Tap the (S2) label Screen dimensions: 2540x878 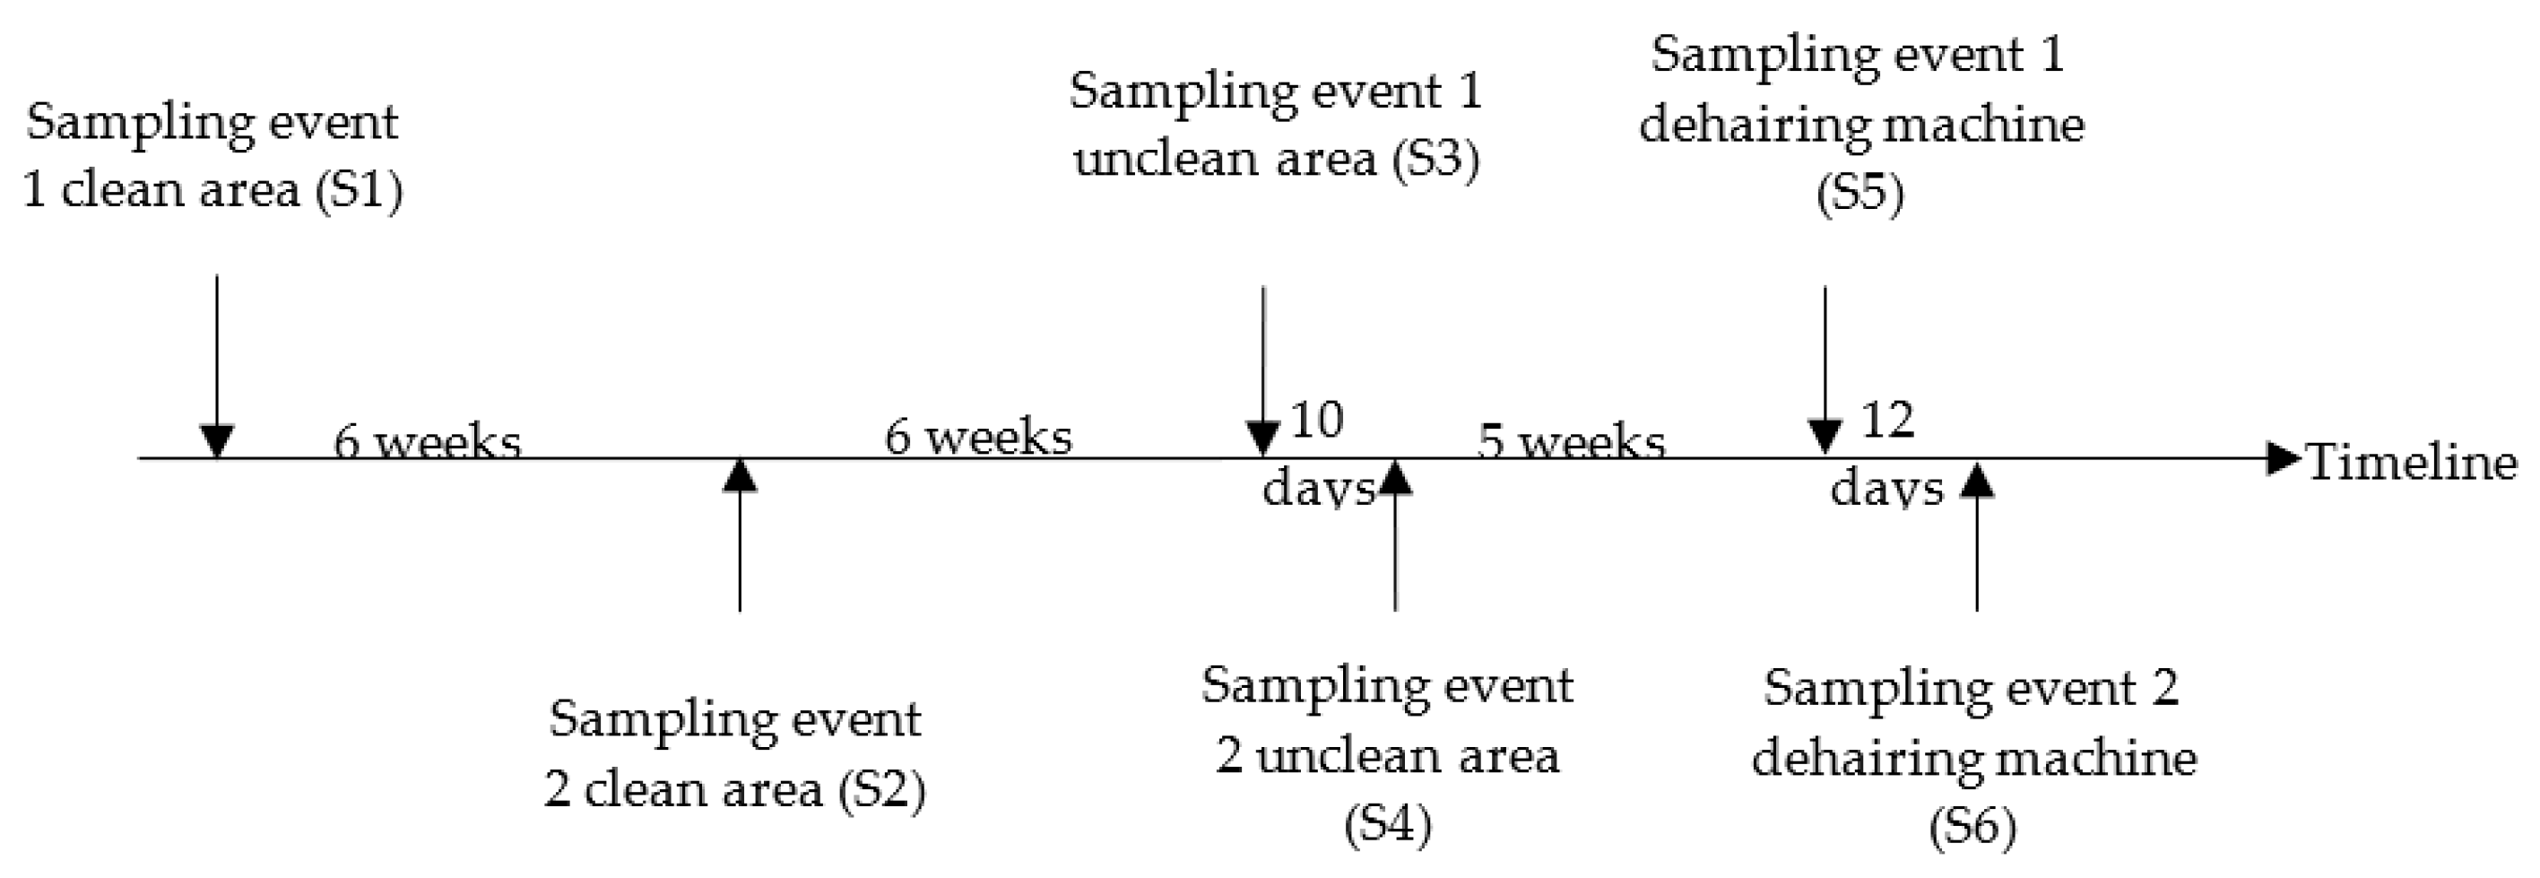pos(881,790)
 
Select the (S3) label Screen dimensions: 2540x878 pos(1435,159)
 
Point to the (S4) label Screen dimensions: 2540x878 pos(1387,825)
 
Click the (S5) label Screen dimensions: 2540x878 pos(1859,194)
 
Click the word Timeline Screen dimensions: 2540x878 pos(2412,462)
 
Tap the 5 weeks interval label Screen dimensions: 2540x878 pos(1571,441)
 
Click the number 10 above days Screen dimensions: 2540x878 pos(1316,421)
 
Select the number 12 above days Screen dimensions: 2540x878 pos(1887,421)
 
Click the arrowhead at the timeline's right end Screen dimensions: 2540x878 pos(2284,459)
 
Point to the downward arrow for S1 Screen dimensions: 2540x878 pos(217,365)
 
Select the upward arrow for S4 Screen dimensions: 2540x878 pos(1395,538)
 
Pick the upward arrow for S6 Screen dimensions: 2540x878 pos(1977,538)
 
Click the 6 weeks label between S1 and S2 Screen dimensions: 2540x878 pos(427,441)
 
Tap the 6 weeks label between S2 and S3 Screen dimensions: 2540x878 pos(978,437)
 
